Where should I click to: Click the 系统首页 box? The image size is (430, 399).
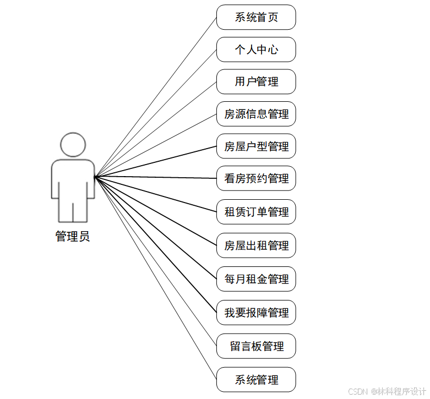coord(256,17)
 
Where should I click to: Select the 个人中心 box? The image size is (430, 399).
coord(256,50)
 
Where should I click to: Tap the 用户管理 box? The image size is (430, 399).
coord(256,81)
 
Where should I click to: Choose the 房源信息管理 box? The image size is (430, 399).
coord(256,114)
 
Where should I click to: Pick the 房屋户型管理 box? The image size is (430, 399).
coord(256,146)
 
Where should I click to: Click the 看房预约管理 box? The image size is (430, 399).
coord(256,178)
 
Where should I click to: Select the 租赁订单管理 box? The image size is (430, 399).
coord(256,212)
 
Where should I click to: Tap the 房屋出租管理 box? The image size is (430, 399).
coord(256,245)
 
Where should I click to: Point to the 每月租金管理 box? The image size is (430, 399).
coord(256,279)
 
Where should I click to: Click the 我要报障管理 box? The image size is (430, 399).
coord(256,313)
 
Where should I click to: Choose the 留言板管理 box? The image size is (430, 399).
coord(256,346)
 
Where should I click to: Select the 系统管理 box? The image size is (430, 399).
coord(256,380)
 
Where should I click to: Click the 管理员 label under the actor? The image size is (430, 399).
coord(73,237)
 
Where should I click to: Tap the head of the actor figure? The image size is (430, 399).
coord(73,144)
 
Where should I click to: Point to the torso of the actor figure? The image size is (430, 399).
coord(73,179)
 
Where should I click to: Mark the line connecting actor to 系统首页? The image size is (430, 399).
coord(156,97)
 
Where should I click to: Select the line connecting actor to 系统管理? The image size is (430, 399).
coord(156,278)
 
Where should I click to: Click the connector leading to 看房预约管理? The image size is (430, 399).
coord(156,178)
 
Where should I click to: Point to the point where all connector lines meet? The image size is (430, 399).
coord(95,177)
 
